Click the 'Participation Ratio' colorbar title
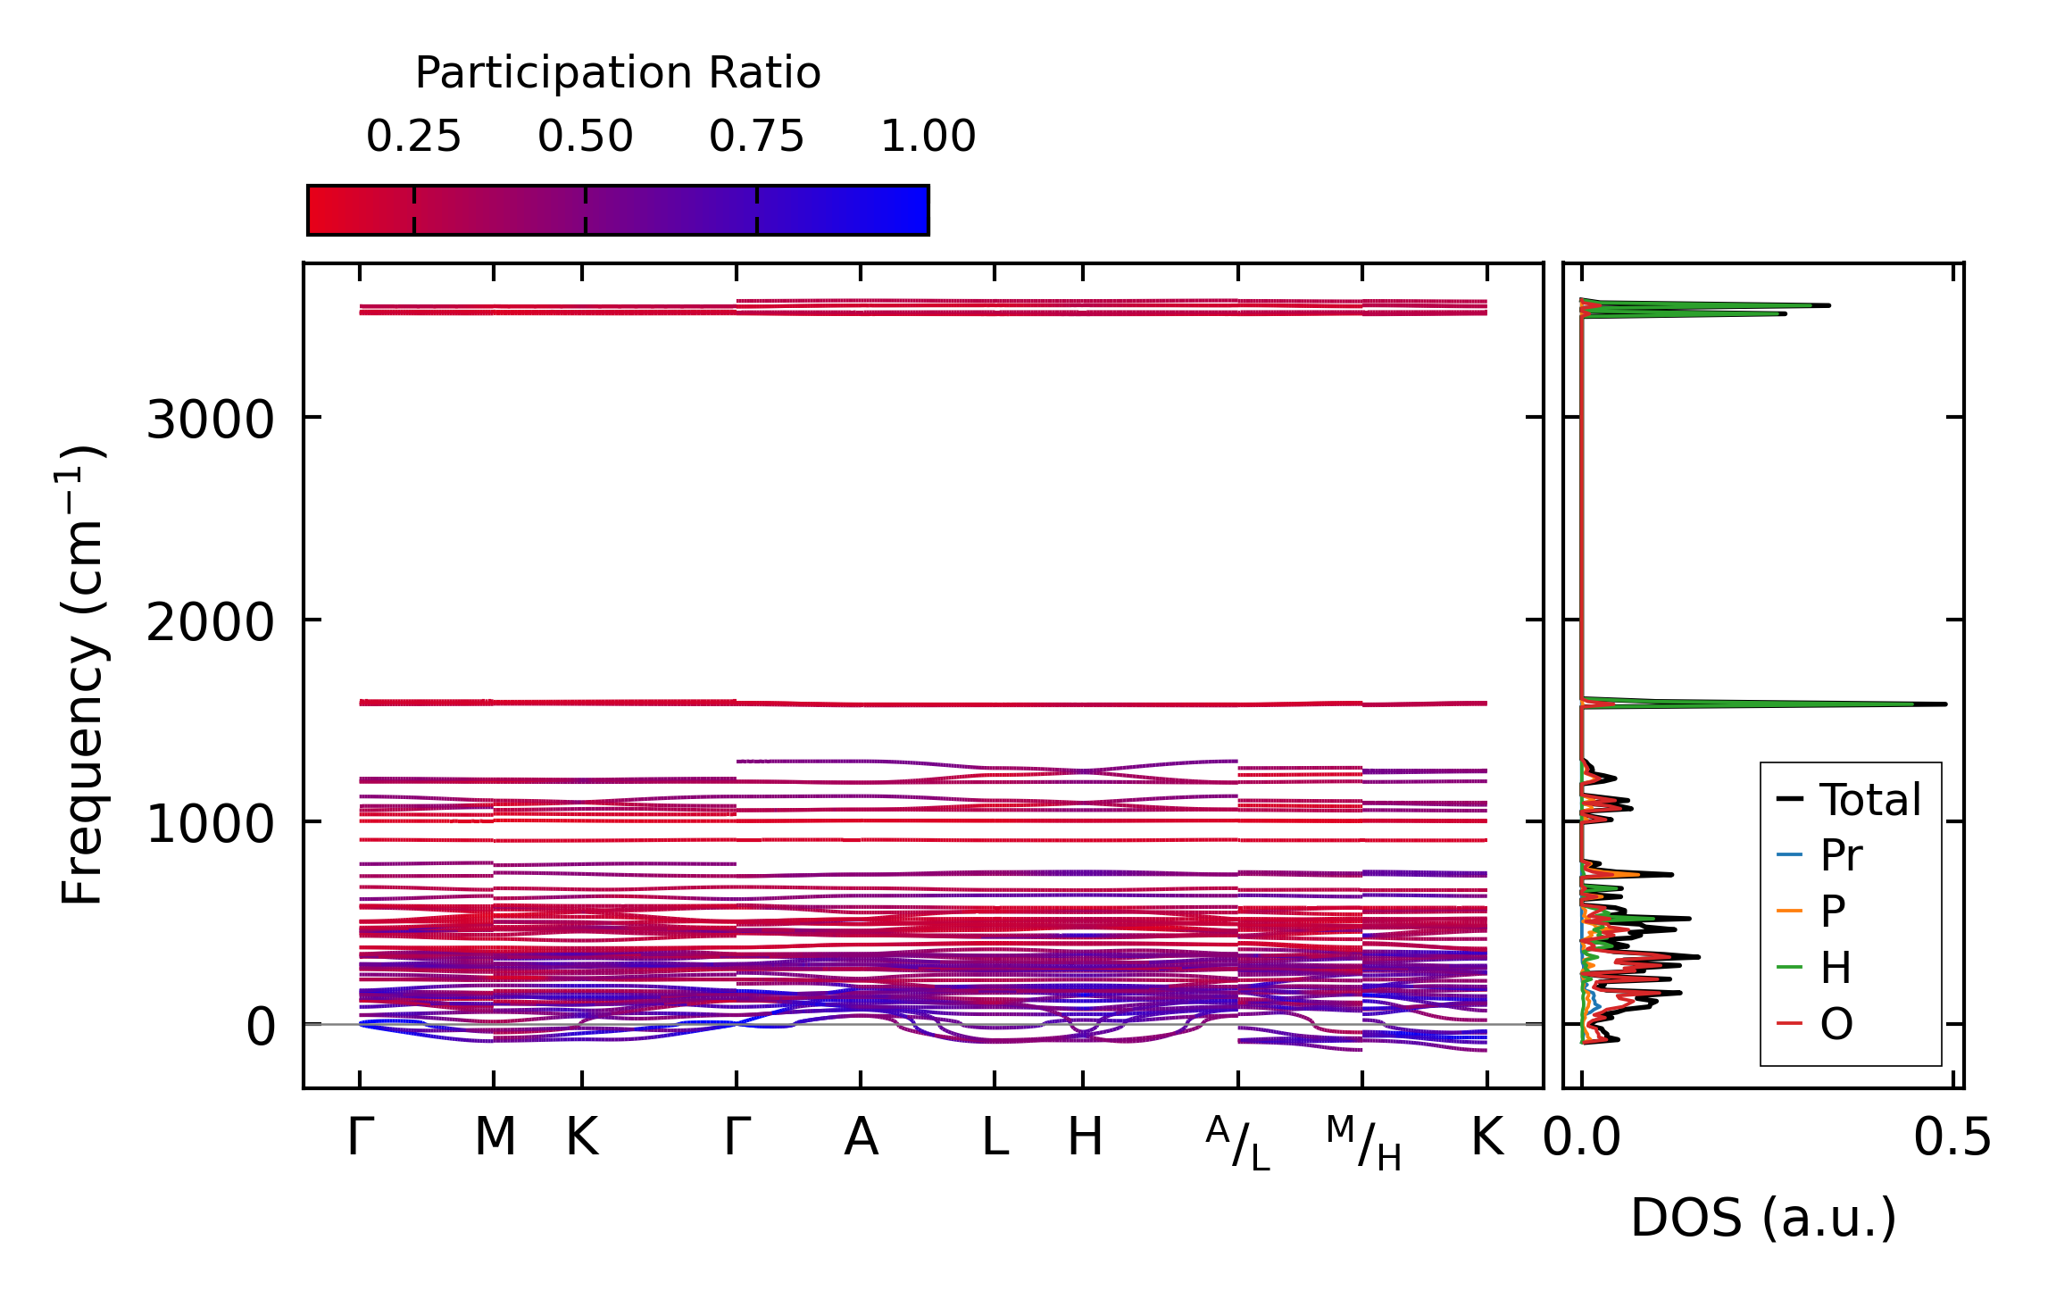click(618, 73)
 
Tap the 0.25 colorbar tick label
click(413, 137)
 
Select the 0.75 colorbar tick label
click(756, 137)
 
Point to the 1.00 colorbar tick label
click(928, 137)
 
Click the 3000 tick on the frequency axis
click(210, 419)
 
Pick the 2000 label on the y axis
click(210, 621)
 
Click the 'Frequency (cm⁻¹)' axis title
click(83, 675)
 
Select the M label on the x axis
click(495, 1137)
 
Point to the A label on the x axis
click(861, 1137)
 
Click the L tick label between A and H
click(995, 1137)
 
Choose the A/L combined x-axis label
click(1237, 1143)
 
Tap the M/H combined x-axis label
click(1362, 1143)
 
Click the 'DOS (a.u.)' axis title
click(1763, 1218)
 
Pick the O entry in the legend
click(1836, 1024)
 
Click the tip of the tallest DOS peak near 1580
click(1944, 704)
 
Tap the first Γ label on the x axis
click(360, 1137)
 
